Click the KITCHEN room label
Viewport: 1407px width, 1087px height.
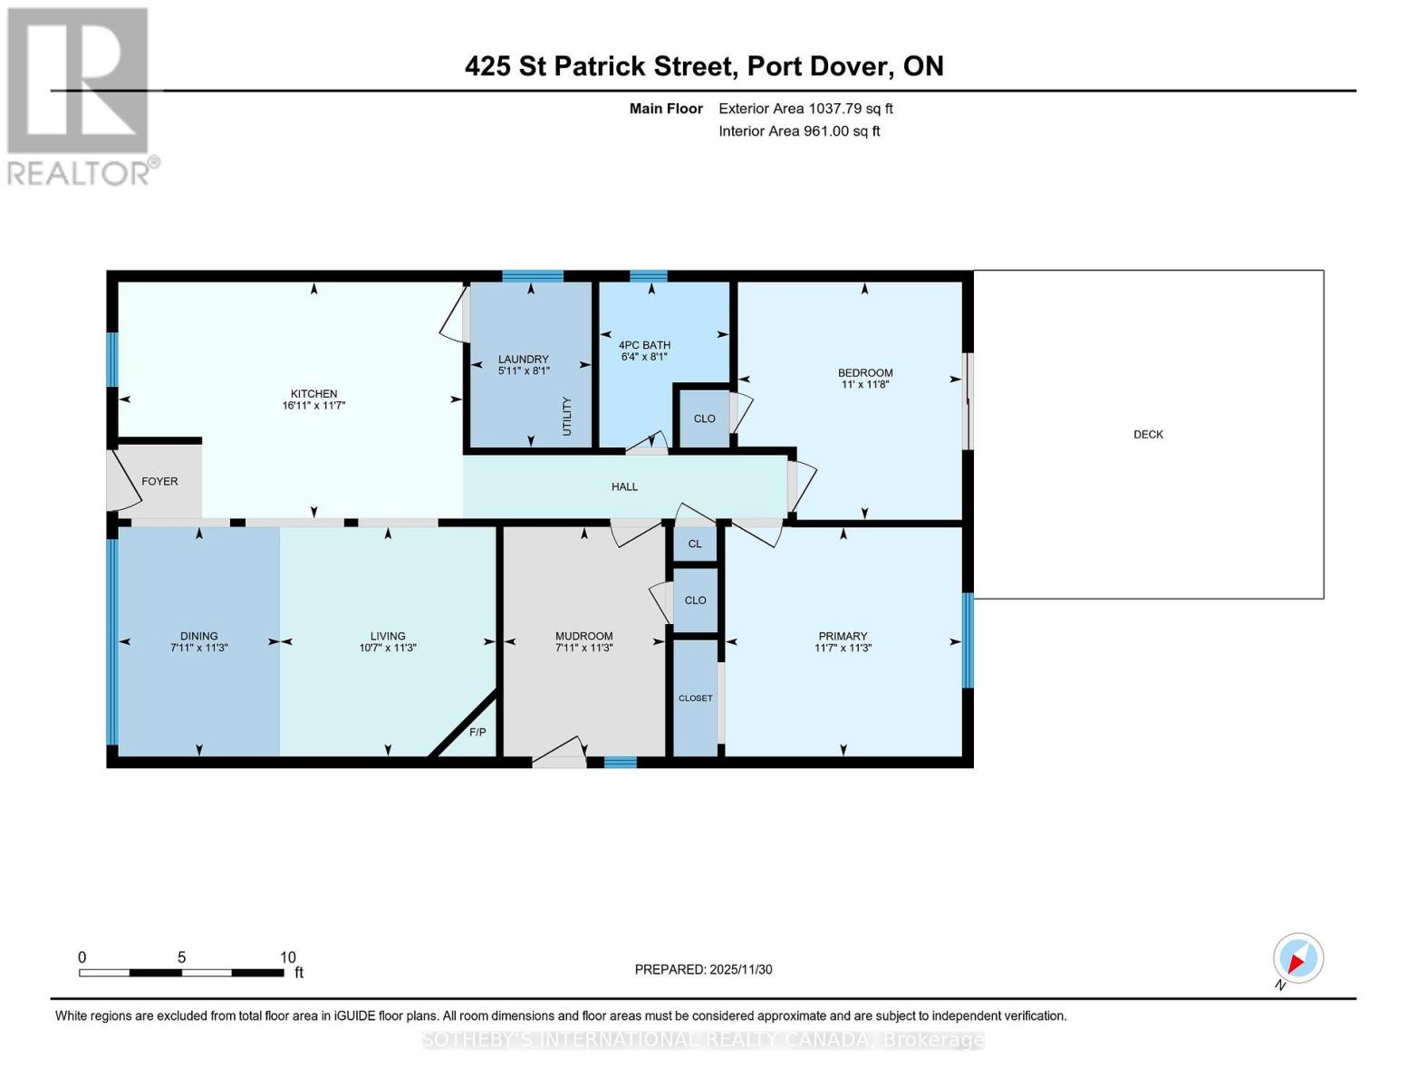[x=313, y=393]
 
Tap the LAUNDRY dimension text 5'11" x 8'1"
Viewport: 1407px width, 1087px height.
[x=524, y=370]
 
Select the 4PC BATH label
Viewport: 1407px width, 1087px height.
[x=644, y=344]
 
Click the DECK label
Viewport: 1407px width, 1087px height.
[x=1148, y=434]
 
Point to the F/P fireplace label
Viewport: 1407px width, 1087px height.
[x=477, y=732]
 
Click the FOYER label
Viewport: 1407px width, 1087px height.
[x=159, y=481]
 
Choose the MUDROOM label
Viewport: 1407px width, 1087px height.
[x=583, y=636]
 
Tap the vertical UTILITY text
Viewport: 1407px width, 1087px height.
[x=567, y=416]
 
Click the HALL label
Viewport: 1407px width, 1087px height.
[x=624, y=486]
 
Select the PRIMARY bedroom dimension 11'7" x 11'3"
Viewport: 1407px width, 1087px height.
[x=843, y=648]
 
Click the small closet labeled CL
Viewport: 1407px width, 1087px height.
[x=695, y=543]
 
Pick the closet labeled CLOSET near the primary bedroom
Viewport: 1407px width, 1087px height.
[x=695, y=697]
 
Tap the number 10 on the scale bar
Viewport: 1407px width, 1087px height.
[x=287, y=957]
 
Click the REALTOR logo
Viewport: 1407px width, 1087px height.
[x=79, y=95]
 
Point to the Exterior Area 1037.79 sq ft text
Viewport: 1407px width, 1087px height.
[x=805, y=108]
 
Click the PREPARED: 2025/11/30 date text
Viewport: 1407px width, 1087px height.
[x=703, y=969]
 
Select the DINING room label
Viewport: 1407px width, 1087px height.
[x=198, y=636]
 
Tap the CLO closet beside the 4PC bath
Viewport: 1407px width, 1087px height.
[x=704, y=418]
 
